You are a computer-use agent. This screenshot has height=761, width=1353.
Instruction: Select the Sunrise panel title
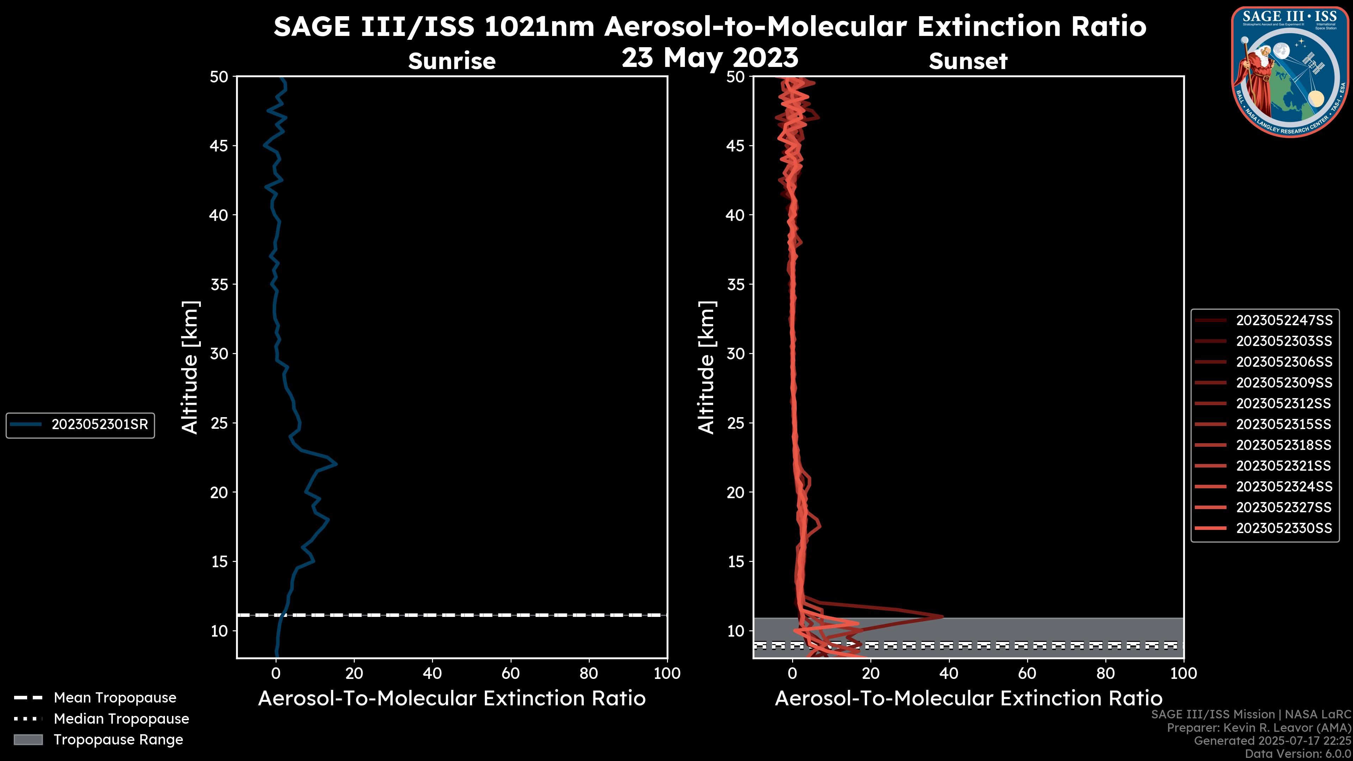[x=452, y=61]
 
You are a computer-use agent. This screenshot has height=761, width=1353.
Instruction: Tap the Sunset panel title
[x=968, y=61]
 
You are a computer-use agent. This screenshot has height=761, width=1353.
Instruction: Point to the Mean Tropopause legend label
[x=115, y=698]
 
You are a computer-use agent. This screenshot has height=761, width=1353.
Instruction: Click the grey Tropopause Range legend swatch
[x=28, y=740]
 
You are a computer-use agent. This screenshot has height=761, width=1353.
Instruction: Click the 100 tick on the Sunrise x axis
[x=667, y=673]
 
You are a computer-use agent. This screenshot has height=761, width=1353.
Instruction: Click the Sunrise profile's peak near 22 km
[x=336, y=464]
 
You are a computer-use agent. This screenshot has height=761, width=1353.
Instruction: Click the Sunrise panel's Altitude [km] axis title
[x=190, y=367]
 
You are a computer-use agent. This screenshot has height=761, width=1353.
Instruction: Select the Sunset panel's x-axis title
[x=968, y=698]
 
